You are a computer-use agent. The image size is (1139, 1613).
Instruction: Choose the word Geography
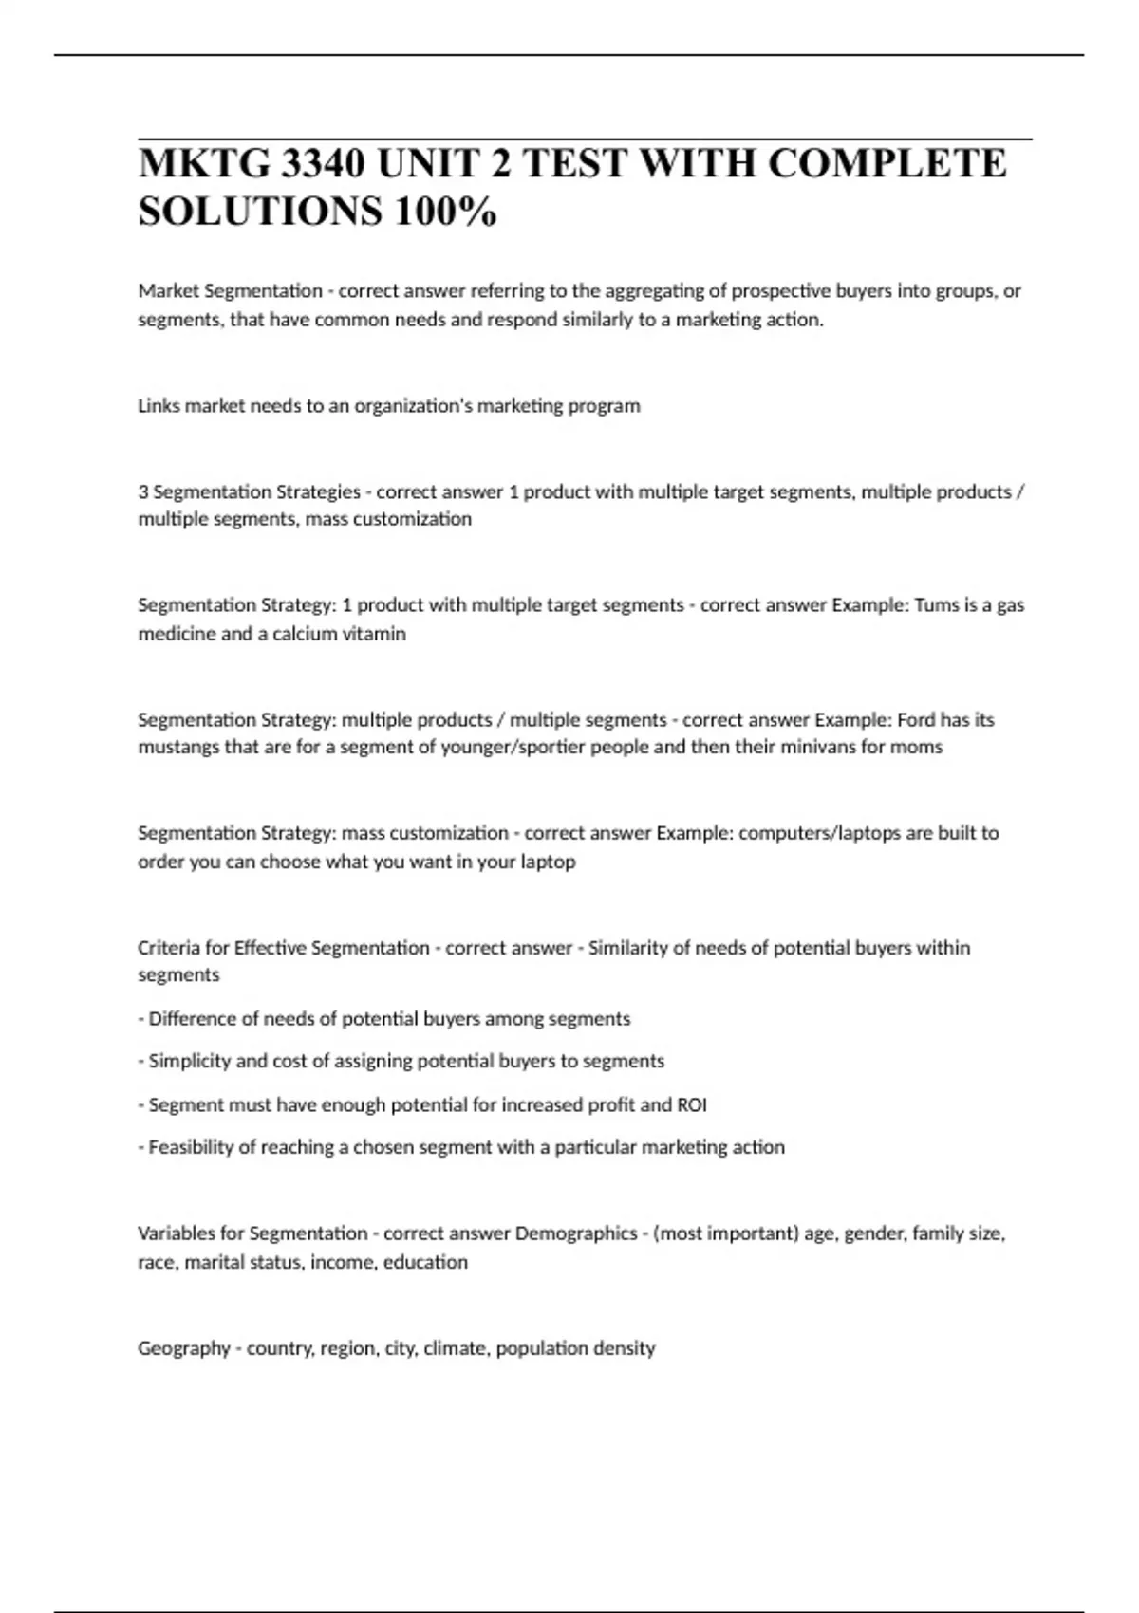coord(184,1348)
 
